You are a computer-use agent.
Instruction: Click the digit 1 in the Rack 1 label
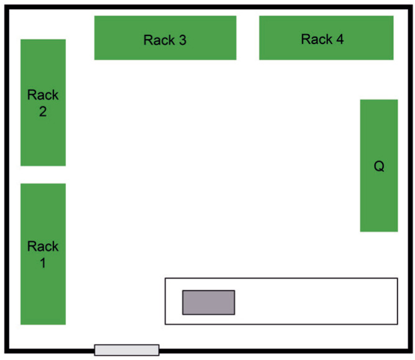[43, 263]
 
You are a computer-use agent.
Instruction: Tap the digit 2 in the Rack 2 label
[43, 112]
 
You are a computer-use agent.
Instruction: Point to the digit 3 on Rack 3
[182, 40]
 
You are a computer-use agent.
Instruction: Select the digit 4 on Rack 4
[339, 40]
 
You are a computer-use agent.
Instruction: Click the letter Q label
[379, 167]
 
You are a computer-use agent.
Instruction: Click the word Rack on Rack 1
[43, 246]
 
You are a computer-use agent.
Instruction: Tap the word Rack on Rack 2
[43, 95]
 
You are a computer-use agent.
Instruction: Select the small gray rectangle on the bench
[208, 302]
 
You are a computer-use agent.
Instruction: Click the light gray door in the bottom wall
[126, 350]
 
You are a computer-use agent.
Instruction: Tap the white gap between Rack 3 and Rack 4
[248, 38]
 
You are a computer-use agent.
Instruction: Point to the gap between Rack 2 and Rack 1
[43, 175]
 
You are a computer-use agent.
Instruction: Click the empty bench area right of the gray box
[314, 301]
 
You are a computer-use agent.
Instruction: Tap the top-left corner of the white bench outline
[166, 279]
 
